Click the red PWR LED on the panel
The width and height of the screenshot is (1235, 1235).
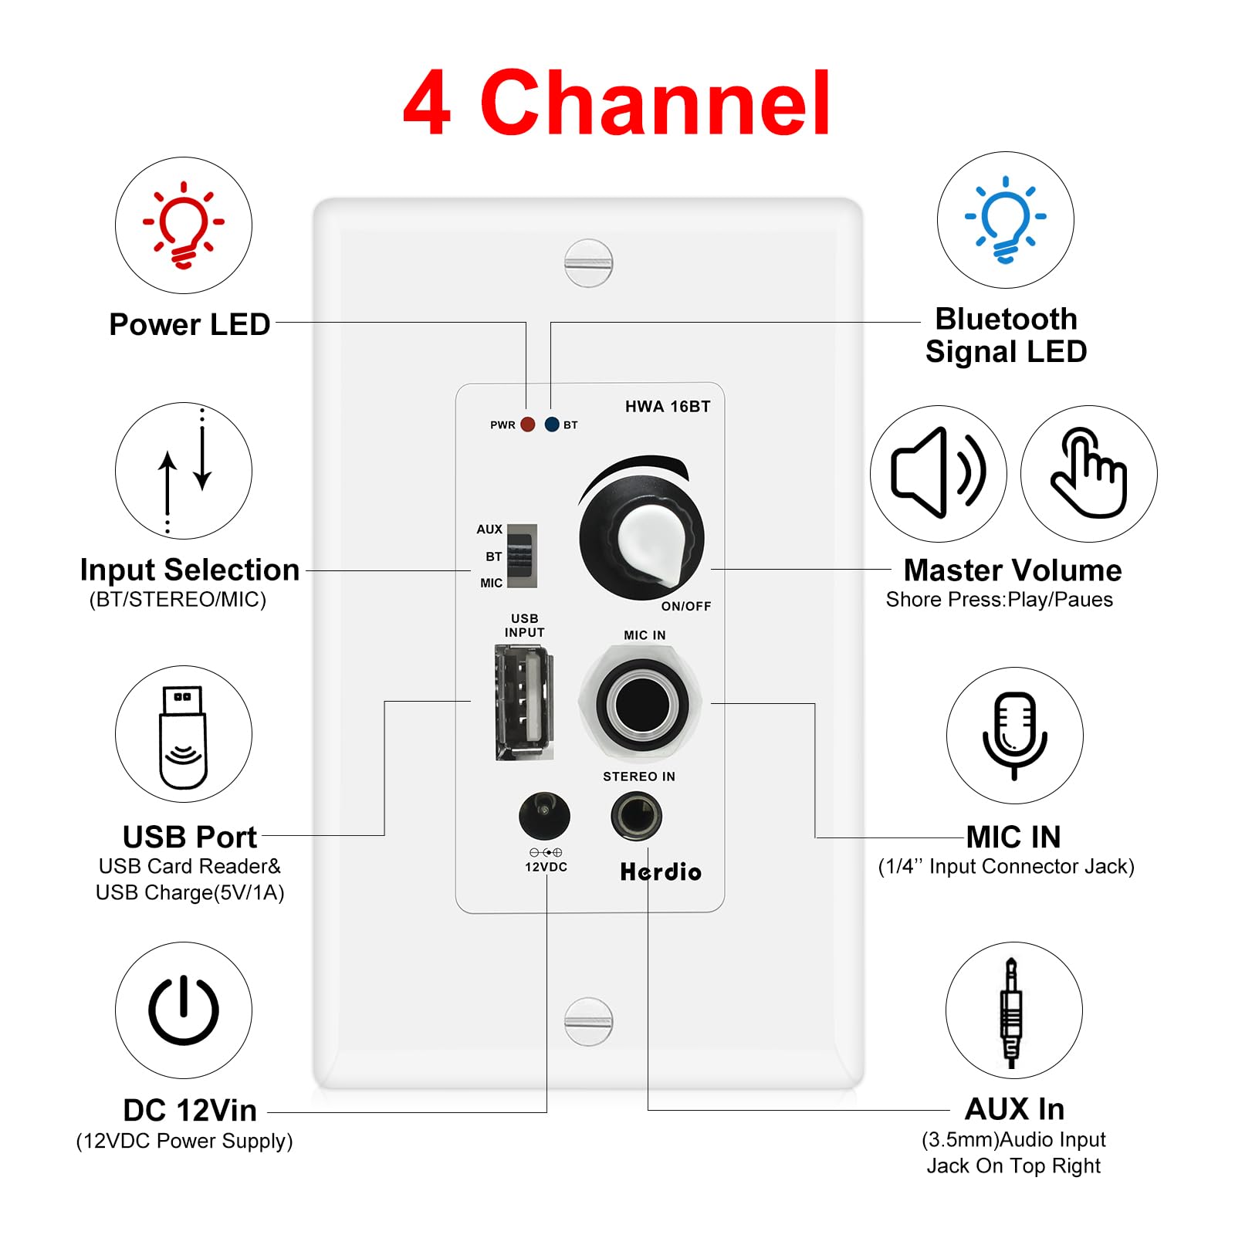point(528,425)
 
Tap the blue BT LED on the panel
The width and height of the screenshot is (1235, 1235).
point(552,425)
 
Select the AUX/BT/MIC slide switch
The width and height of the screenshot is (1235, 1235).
point(522,557)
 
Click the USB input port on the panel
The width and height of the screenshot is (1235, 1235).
point(524,702)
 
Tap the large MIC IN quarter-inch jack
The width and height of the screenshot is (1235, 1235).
point(641,702)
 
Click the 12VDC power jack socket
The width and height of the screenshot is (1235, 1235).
point(544,815)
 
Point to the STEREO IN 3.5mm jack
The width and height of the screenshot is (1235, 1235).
point(636,817)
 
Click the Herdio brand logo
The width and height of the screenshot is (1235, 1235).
point(661,872)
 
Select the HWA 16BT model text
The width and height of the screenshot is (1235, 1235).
point(668,407)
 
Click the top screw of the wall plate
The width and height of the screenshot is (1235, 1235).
point(588,263)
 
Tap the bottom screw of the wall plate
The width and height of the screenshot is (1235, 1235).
point(588,1021)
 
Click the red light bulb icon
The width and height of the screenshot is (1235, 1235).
point(184,225)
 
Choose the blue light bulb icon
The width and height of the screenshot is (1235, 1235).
point(1005,220)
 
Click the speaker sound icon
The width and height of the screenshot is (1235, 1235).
point(938,472)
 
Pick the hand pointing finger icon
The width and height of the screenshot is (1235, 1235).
point(1088,472)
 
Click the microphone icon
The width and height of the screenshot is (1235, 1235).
point(1014,735)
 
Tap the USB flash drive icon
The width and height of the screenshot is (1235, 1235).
point(184,735)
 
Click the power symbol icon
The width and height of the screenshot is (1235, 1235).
point(184,1010)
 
